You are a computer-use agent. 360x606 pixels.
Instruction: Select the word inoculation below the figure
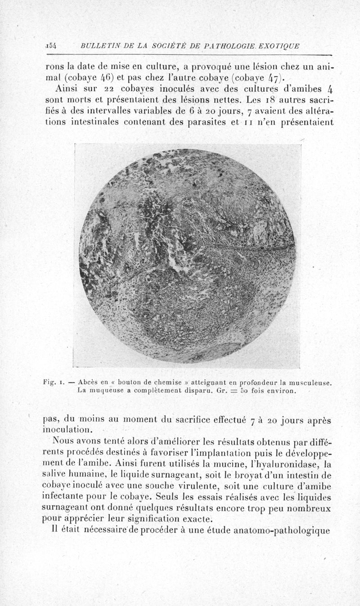67,430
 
